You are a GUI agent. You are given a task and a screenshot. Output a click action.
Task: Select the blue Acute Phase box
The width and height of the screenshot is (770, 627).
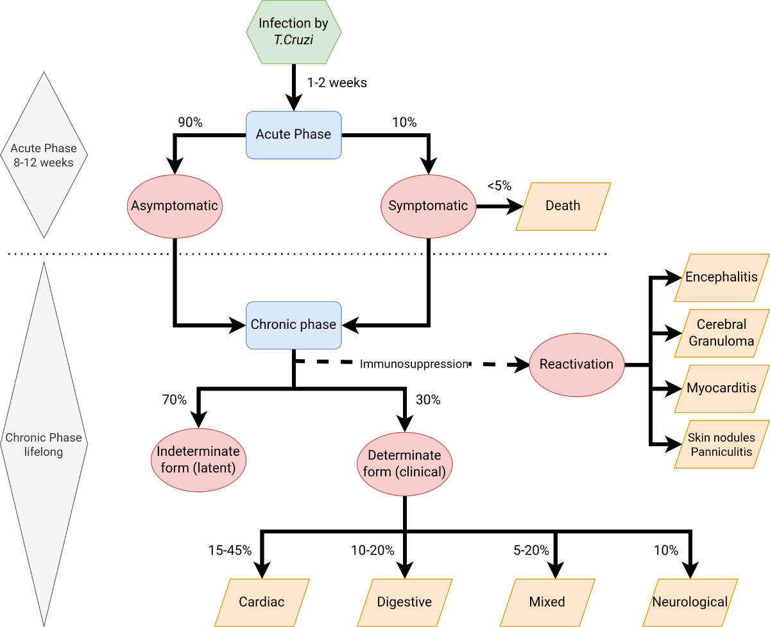click(x=293, y=135)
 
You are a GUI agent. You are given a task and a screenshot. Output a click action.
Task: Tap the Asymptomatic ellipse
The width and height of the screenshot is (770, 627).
click(x=175, y=206)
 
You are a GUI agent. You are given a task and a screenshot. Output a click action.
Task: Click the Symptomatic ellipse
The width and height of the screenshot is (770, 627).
click(x=428, y=206)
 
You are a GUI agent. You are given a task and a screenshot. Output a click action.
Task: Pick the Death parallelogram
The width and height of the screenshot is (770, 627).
click(x=563, y=206)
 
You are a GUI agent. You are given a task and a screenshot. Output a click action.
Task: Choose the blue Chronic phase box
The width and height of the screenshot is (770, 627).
click(x=293, y=325)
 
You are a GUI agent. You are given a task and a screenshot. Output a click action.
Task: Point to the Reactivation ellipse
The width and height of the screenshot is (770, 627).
click(x=576, y=364)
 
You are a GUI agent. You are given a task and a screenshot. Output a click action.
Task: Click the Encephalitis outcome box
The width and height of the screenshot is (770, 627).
click(x=721, y=278)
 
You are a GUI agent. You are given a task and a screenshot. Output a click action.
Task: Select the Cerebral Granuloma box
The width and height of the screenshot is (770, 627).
click(x=721, y=333)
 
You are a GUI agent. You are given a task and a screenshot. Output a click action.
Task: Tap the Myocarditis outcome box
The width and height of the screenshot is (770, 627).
click(x=721, y=389)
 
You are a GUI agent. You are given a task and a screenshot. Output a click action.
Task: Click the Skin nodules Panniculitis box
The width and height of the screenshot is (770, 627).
click(x=721, y=444)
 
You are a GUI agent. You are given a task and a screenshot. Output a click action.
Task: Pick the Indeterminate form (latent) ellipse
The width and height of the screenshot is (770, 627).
click(x=198, y=459)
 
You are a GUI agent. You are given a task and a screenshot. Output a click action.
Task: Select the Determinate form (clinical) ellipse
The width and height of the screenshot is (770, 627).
click(x=404, y=464)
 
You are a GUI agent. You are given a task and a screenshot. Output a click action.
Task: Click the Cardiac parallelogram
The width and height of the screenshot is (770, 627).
click(x=262, y=603)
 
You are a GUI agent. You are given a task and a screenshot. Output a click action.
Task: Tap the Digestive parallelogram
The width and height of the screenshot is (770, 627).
click(x=404, y=603)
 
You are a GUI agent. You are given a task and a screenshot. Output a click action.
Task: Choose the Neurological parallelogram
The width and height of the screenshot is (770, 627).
click(x=690, y=603)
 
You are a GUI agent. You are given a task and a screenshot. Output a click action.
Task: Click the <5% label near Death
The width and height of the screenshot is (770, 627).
click(x=499, y=186)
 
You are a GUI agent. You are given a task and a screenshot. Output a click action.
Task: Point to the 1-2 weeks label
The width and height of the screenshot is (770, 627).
click(x=337, y=83)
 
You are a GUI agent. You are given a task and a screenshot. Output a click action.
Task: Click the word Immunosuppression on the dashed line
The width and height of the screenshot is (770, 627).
click(x=414, y=364)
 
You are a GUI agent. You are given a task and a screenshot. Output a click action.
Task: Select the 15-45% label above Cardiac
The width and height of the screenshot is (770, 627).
click(x=230, y=550)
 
